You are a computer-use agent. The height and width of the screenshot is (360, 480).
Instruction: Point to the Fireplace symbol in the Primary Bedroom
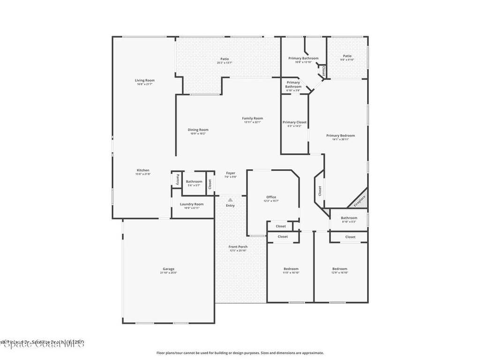click(359, 201)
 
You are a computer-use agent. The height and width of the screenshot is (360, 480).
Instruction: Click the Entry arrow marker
click(230, 200)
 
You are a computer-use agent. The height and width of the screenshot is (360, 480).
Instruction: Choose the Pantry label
click(178, 179)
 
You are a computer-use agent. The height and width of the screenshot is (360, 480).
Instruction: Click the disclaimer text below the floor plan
click(240, 353)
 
